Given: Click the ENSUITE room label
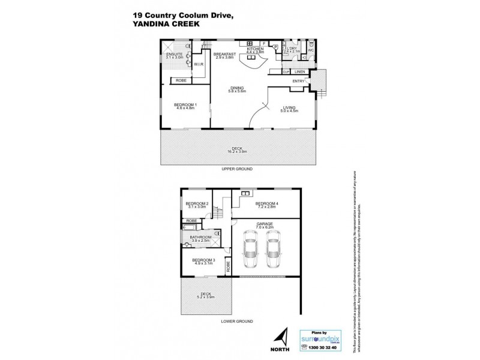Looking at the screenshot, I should click(x=175, y=54).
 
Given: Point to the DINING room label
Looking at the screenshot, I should click(x=237, y=89).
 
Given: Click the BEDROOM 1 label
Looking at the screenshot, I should click(x=185, y=106).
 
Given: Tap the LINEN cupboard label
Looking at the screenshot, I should click(x=299, y=72).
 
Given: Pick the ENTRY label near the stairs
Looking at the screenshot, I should click(x=298, y=81).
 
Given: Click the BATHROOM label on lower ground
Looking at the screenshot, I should click(x=202, y=238).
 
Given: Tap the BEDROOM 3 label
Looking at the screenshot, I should click(x=203, y=260).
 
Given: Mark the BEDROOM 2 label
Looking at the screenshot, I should click(x=197, y=203).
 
